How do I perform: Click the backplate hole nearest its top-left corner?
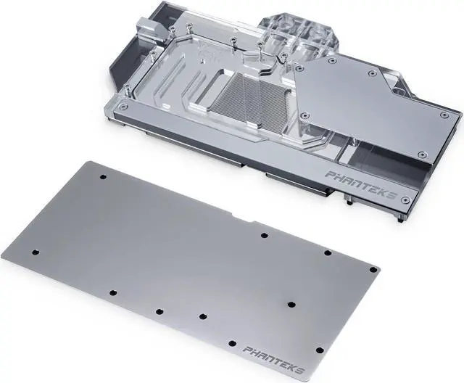(102, 177)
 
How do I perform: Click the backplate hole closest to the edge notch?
(264, 235)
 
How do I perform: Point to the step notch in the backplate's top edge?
(250, 218)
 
